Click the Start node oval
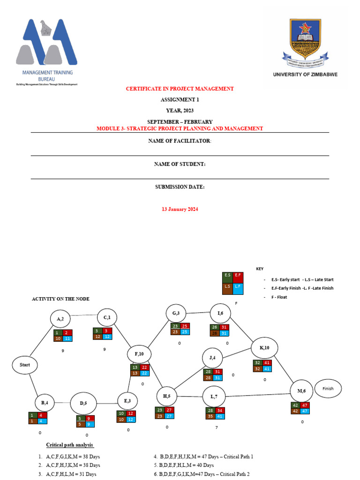click(x=25, y=364)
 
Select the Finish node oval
click(x=328, y=388)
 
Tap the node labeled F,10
click(x=139, y=353)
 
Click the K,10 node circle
click(x=264, y=348)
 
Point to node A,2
click(x=60, y=319)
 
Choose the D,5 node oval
click(x=83, y=403)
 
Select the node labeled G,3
click(x=176, y=313)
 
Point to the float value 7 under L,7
click(x=216, y=427)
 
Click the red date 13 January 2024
click(x=180, y=209)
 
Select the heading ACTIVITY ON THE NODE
click(x=60, y=299)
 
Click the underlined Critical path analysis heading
click(x=69, y=444)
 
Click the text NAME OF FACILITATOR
click(x=180, y=141)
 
